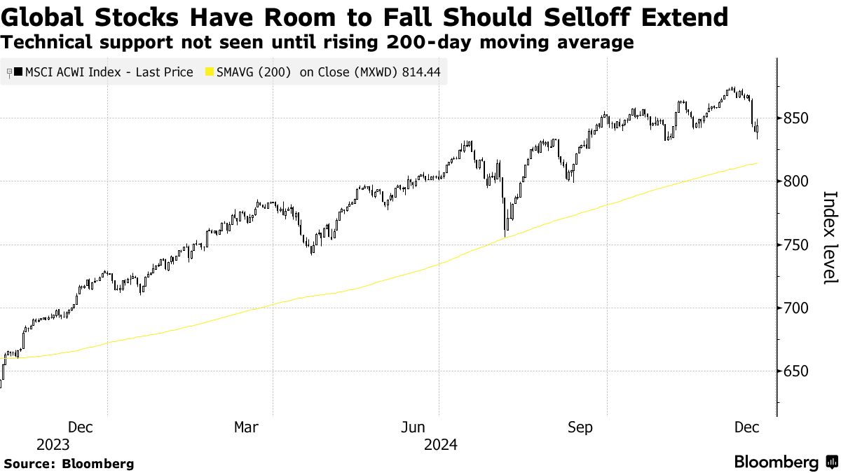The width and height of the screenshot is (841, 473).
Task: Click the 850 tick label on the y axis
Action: (x=796, y=118)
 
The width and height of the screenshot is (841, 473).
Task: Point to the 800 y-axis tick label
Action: (x=796, y=181)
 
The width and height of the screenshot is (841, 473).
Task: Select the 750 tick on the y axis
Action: (x=796, y=245)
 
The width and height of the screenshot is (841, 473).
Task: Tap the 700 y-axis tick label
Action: (x=796, y=308)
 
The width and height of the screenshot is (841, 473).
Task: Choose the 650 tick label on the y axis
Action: (x=796, y=371)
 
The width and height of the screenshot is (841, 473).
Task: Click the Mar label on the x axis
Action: (x=246, y=427)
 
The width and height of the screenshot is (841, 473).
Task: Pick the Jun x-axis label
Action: (x=413, y=427)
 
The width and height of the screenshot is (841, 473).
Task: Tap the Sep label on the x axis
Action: (x=580, y=427)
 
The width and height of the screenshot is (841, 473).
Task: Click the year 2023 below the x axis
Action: (x=53, y=445)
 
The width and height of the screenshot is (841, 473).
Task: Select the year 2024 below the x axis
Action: (x=440, y=445)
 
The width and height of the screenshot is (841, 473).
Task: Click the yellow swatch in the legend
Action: (x=209, y=72)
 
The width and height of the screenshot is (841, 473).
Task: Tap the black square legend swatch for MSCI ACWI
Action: (x=18, y=72)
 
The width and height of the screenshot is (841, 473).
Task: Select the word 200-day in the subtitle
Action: (x=434, y=43)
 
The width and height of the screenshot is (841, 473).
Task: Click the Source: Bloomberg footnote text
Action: (x=69, y=463)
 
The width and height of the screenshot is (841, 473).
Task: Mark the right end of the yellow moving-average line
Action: (x=756, y=163)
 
